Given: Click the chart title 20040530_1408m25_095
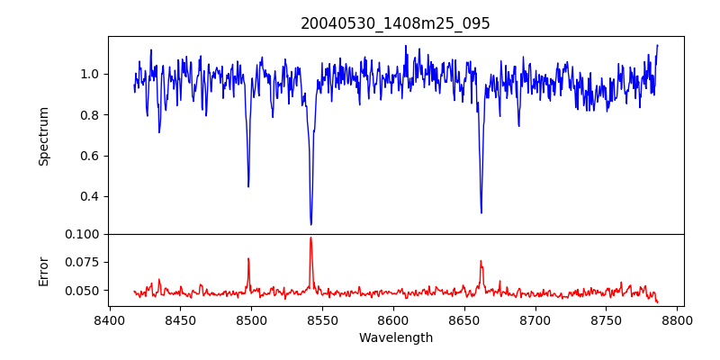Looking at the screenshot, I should pyautogui.click(x=395, y=23).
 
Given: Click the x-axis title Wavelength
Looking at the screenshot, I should pyautogui.click(x=395, y=338).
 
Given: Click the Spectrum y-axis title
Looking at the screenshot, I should pyautogui.click(x=43, y=136).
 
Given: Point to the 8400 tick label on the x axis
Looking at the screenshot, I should pyautogui.click(x=109, y=319).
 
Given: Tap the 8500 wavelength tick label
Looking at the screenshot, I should pyautogui.click(x=251, y=319).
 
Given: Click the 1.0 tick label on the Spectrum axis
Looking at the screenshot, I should pyautogui.click(x=90, y=74).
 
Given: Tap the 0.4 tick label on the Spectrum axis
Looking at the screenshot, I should pyautogui.click(x=90, y=196).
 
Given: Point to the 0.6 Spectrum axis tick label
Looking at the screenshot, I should pyautogui.click(x=90, y=156).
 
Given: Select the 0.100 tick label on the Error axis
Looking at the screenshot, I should pyautogui.click(x=84, y=234).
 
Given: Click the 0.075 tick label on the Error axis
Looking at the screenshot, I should pyautogui.click(x=84, y=262).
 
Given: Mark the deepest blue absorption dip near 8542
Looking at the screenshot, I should pyautogui.click(x=310, y=224).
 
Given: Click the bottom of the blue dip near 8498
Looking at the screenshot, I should pyautogui.click(x=248, y=186).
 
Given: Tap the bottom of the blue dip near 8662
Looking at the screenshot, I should pyautogui.click(x=481, y=212).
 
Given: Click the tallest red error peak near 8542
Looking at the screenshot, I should pyautogui.click(x=310, y=238).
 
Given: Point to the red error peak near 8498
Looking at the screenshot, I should pyautogui.click(x=248, y=259).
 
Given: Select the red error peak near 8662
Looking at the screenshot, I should pyautogui.click(x=481, y=261).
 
